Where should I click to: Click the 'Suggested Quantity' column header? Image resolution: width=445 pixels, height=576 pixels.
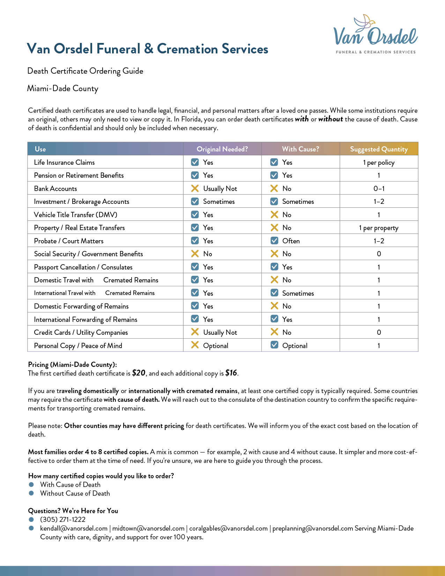click(x=379, y=149)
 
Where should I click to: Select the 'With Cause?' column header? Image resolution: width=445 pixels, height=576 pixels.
click(x=300, y=149)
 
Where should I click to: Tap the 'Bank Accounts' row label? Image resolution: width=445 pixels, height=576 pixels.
click(x=55, y=189)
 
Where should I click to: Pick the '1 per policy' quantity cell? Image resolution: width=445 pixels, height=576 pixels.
click(x=379, y=162)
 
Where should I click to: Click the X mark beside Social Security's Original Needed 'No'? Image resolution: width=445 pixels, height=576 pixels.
click(x=195, y=254)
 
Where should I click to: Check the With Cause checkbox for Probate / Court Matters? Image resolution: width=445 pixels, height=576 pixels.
click(x=274, y=241)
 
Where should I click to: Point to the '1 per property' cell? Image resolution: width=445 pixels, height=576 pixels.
click(x=379, y=228)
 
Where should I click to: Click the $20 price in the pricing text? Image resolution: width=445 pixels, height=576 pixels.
click(x=139, y=373)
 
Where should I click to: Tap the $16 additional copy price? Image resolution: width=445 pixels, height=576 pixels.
click(x=231, y=373)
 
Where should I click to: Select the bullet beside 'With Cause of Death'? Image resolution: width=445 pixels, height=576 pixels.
click(x=31, y=485)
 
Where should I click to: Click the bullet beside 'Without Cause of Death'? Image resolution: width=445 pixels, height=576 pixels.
click(x=31, y=493)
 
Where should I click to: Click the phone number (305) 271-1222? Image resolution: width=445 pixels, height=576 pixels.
click(x=63, y=519)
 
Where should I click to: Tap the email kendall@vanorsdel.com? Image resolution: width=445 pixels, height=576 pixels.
click(x=74, y=528)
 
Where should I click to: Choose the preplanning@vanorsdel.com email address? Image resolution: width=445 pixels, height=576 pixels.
click(x=312, y=528)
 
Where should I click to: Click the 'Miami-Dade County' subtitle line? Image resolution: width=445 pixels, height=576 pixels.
click(x=63, y=88)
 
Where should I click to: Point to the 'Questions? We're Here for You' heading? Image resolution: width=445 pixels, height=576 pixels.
click(x=73, y=511)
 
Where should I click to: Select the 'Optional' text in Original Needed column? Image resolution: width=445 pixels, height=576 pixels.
click(x=216, y=346)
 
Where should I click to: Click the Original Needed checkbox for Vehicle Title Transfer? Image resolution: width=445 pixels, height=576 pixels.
click(x=195, y=215)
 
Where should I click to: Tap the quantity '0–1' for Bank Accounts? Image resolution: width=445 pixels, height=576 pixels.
click(x=379, y=189)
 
